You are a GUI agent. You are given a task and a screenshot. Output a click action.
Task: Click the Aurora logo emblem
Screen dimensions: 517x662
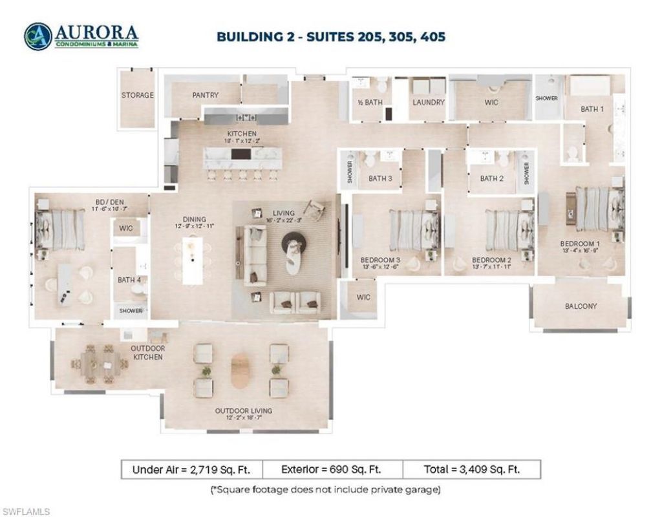[37, 36]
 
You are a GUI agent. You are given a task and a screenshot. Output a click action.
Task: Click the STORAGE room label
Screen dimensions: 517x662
[138, 95]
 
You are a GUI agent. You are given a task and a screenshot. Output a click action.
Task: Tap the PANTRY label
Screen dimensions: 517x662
[206, 95]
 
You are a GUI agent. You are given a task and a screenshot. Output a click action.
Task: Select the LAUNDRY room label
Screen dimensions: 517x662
[428, 102]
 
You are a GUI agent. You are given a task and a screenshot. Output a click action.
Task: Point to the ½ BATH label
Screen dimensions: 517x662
[370, 102]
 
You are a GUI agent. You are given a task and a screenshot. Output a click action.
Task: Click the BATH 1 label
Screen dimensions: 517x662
[592, 109]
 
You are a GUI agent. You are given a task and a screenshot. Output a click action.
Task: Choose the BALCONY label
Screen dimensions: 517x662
[581, 306]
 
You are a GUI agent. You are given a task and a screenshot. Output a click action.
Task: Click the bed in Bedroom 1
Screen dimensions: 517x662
[599, 209]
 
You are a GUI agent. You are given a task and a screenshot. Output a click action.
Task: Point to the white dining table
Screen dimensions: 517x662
[193, 260]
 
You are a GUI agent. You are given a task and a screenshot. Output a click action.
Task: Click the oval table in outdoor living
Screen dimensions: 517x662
[240, 370]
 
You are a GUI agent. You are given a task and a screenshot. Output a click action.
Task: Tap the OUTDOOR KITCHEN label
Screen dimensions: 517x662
[148, 352]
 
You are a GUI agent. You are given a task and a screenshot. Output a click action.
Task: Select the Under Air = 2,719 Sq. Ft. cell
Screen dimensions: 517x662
[191, 469]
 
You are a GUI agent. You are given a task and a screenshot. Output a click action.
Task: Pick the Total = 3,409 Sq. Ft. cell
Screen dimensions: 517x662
[471, 469]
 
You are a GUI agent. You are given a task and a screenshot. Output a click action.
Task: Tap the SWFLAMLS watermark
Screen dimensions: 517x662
[26, 512]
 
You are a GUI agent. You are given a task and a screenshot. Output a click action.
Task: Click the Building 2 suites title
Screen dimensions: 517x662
[330, 36]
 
